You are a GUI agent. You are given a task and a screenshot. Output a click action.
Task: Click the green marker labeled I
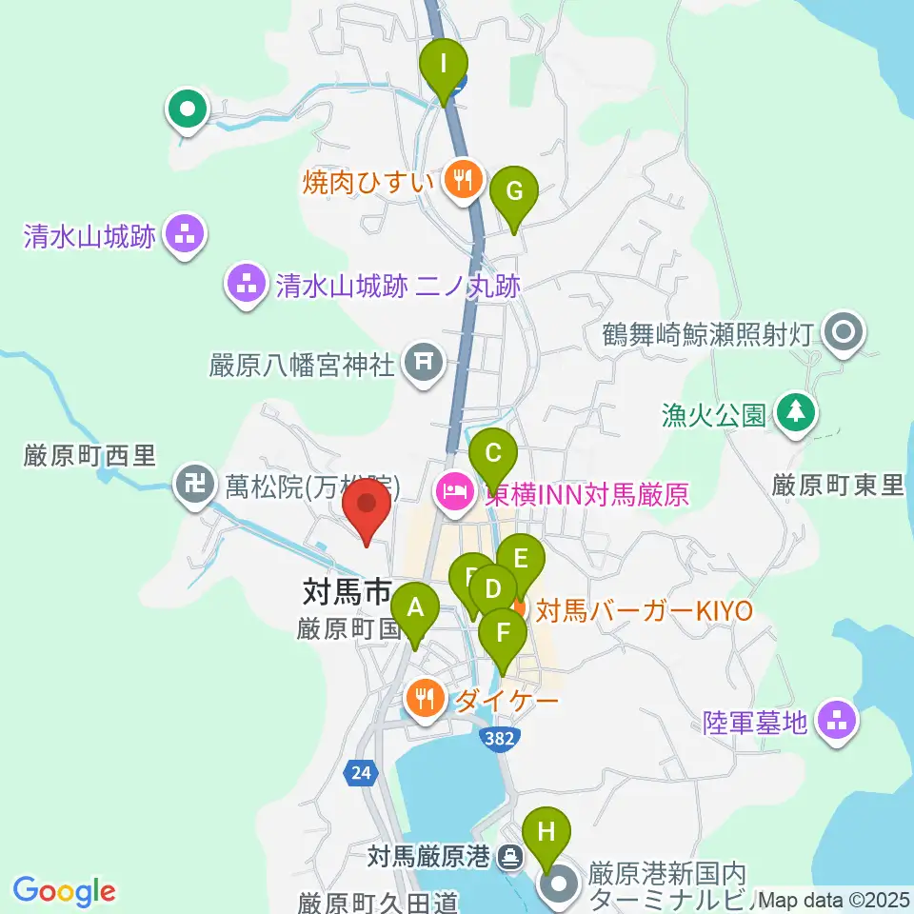tap(444, 67)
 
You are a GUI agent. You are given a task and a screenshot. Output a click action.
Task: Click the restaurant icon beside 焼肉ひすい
tap(463, 178)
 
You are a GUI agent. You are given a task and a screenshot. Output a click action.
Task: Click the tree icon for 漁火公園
tap(793, 413)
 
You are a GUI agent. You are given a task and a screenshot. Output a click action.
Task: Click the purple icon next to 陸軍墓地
tap(837, 723)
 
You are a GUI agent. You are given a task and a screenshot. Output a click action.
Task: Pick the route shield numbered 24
tap(359, 773)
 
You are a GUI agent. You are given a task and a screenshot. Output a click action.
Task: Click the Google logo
tap(65, 891)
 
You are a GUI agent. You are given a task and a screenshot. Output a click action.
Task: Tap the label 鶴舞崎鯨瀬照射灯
tap(706, 335)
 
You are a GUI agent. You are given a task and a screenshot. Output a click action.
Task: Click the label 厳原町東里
tap(838, 486)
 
